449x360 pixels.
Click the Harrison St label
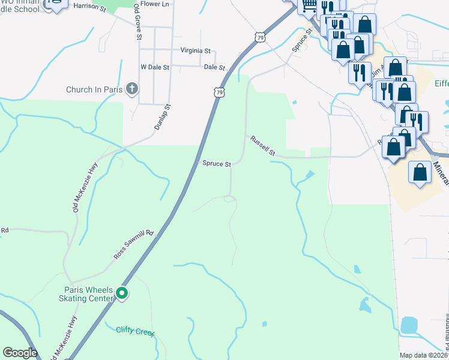click(x=89, y=5)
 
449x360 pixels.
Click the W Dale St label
click(x=155, y=68)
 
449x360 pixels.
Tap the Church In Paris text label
click(x=95, y=90)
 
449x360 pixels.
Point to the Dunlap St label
click(x=159, y=117)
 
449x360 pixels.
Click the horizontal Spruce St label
click(x=216, y=163)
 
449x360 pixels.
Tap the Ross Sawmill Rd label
click(x=134, y=245)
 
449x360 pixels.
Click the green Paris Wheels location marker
click(x=122, y=293)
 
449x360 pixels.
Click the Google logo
click(x=20, y=353)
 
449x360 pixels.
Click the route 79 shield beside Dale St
click(x=219, y=92)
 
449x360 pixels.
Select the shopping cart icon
click(x=309, y=6)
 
